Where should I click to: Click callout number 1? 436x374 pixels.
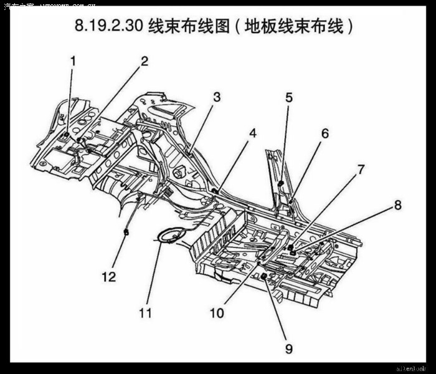pos(73,61)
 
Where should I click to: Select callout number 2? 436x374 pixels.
pos(145,61)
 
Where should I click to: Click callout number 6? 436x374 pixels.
pos(325,133)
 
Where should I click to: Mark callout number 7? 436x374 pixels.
pos(361,169)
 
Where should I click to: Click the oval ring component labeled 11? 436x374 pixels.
pos(169,236)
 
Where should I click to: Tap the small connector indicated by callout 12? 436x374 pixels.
pos(126,232)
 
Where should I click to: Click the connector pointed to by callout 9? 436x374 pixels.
pos(264,276)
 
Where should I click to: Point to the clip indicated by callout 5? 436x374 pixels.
pos(281,183)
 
